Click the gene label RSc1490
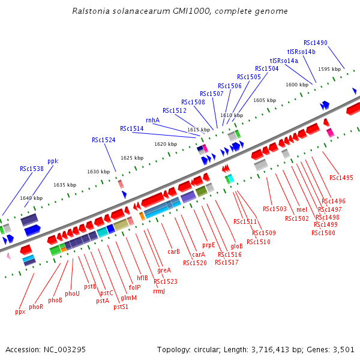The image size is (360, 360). pyautogui.click(x=316, y=43)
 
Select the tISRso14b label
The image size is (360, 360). pyautogui.click(x=301, y=52)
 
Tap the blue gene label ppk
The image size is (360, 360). pyautogui.click(x=53, y=161)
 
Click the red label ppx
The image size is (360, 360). pyautogui.click(x=20, y=311)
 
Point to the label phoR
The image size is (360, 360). pyautogui.click(x=36, y=307)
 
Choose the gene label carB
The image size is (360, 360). pyautogui.click(x=174, y=251)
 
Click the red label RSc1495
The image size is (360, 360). pyautogui.click(x=341, y=178)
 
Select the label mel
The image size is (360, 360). pyautogui.click(x=302, y=209)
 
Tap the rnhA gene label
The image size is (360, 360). pyautogui.click(x=152, y=120)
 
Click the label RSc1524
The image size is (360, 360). pyautogui.click(x=104, y=140)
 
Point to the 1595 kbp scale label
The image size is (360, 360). pyautogui.click(x=329, y=69)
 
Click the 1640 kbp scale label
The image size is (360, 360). pyautogui.click(x=31, y=198)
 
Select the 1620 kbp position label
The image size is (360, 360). pyautogui.click(x=166, y=144)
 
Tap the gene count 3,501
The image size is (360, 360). pyautogui.click(x=342, y=349)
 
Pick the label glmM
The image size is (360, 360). pyautogui.click(x=129, y=298)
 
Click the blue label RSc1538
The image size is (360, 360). pyautogui.click(x=32, y=169)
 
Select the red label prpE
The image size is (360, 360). pyautogui.click(x=208, y=245)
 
